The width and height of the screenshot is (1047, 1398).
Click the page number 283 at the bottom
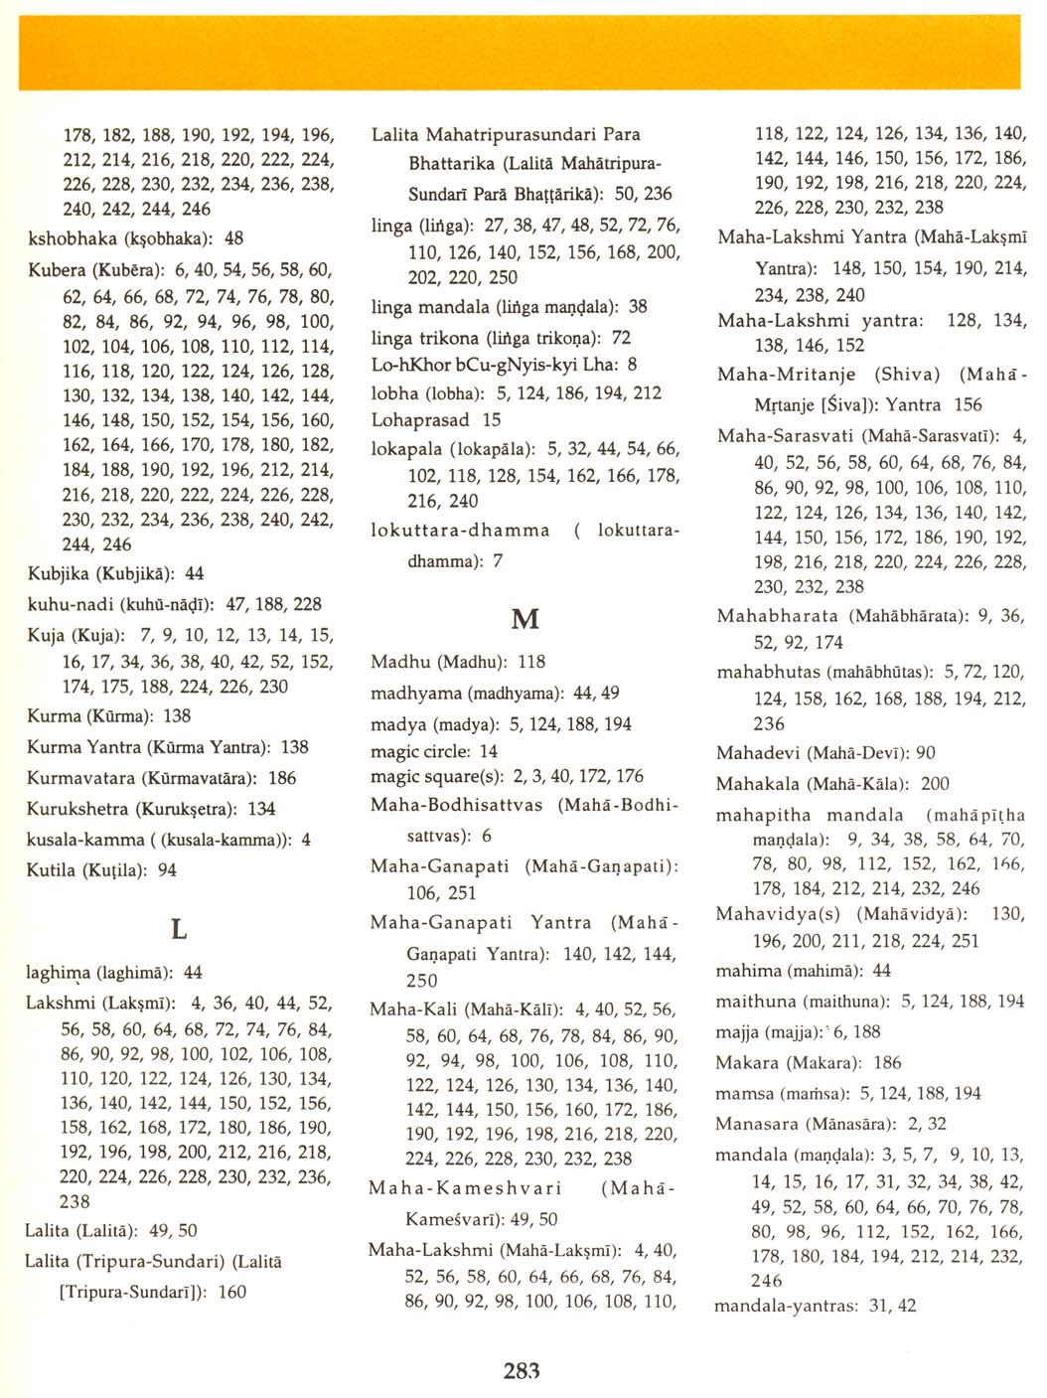[x=522, y=1371]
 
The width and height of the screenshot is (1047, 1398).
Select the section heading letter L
[x=179, y=930]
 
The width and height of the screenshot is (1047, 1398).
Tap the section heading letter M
[x=524, y=619]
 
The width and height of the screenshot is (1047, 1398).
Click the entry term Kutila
[x=51, y=870]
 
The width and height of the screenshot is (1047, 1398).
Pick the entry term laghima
[x=59, y=973]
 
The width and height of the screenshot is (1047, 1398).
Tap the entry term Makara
[x=748, y=1063]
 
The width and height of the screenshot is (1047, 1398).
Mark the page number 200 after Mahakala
[x=935, y=784]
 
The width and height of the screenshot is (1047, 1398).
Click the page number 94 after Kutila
[x=167, y=870]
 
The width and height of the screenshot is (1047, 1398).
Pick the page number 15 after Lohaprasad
[x=492, y=420]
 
